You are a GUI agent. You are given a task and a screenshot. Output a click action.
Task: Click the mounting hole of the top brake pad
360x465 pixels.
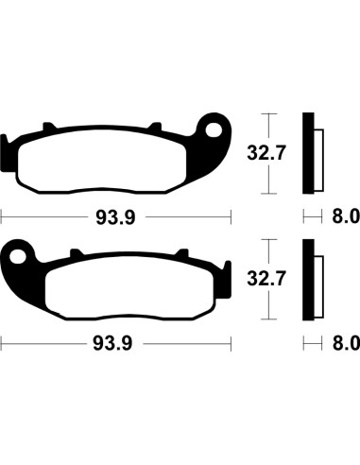pyautogui.click(x=215, y=129)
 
